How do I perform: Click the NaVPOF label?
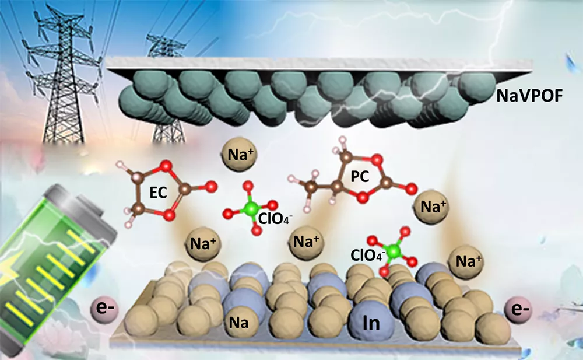coord(529,96)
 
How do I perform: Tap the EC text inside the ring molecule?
coord(158,193)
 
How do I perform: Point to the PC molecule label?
coord(360,176)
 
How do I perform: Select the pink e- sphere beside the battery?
coord(104,309)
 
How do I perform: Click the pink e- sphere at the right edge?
coord(518,309)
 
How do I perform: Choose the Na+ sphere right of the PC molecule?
coord(433,207)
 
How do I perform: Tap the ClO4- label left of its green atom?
coord(368,256)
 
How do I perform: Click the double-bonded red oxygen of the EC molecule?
coord(211,186)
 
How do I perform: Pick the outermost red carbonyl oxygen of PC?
coord(411,189)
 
